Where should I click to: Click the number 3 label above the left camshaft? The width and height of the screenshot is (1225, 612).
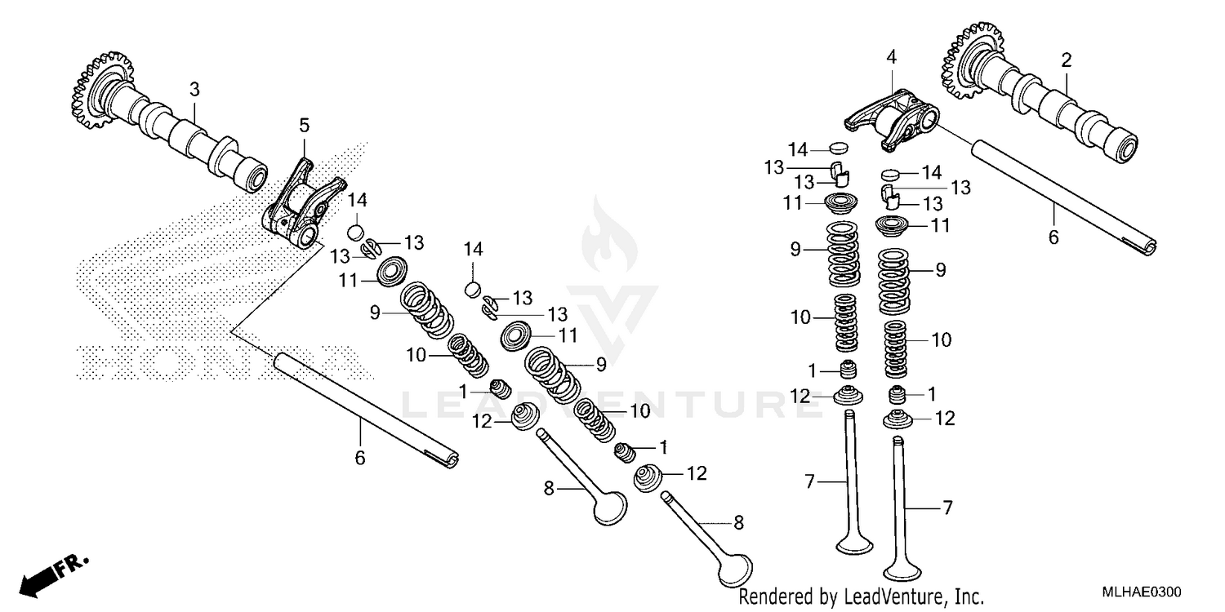(x=194, y=88)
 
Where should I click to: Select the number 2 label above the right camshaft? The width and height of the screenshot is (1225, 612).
(x=1066, y=60)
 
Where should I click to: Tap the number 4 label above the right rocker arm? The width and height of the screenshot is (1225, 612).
(x=891, y=57)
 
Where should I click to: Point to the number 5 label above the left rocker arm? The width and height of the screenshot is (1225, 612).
(x=304, y=126)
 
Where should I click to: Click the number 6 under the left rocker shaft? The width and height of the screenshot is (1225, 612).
(x=359, y=458)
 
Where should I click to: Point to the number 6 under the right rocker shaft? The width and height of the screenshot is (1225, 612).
(x=1053, y=237)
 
